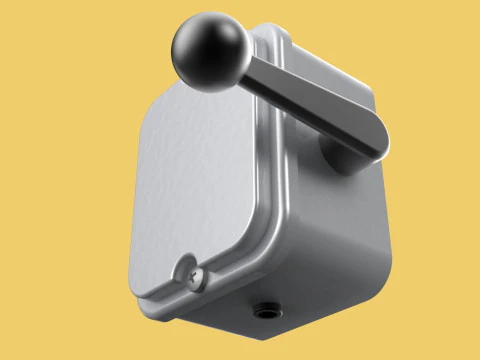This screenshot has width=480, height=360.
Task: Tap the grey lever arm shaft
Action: [x=300, y=100]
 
